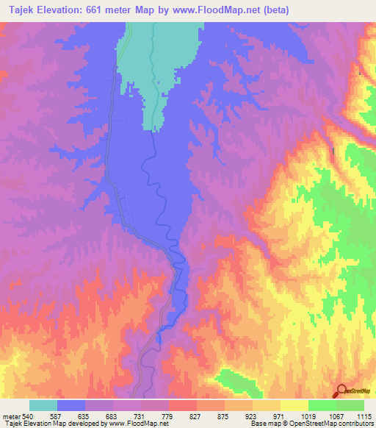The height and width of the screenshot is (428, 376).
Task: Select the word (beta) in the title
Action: pos(277,10)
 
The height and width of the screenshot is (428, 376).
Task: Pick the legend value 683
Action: pos(112,415)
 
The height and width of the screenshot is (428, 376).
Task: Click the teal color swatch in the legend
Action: pos(43,405)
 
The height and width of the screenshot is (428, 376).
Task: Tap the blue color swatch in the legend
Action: pos(71,405)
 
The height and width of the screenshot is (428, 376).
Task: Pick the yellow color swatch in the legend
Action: pos(294,405)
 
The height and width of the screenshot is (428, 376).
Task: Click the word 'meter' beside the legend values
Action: pos(10,415)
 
